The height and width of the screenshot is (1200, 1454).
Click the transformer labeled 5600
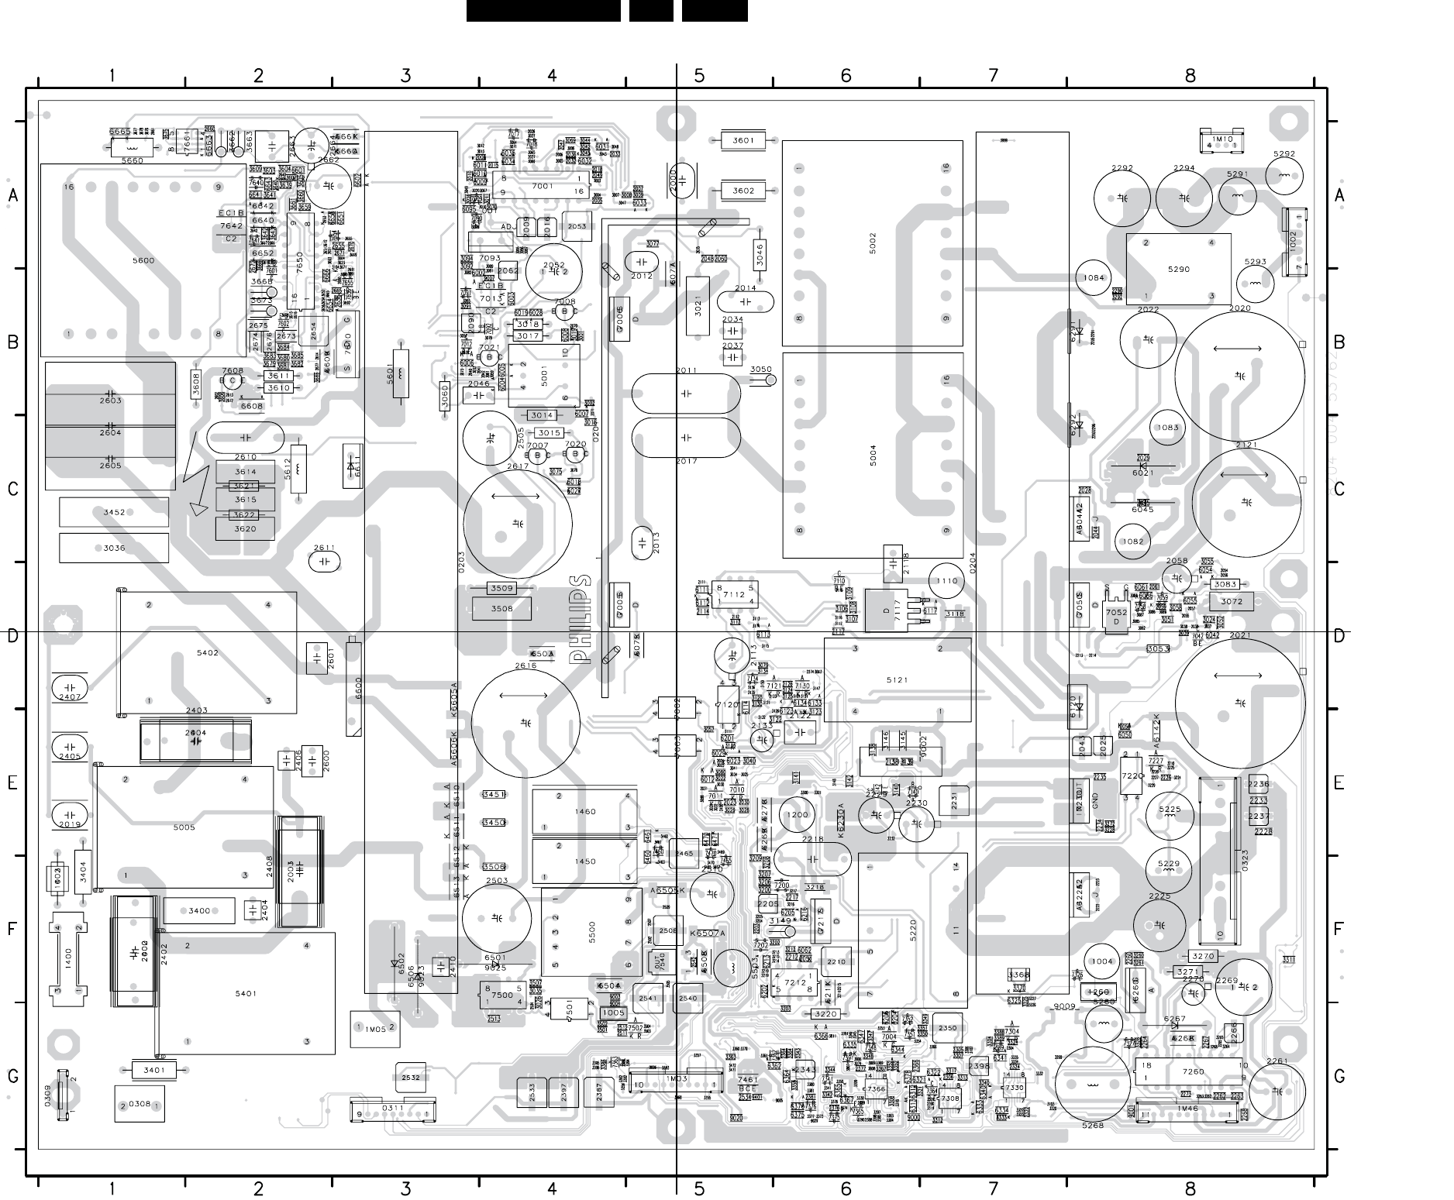click(x=143, y=260)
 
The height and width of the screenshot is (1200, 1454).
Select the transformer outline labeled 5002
click(x=872, y=243)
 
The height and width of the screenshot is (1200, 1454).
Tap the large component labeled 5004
click(x=872, y=456)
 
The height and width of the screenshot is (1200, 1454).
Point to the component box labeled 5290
click(x=1178, y=269)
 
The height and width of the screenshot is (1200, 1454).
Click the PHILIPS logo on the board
click(x=580, y=619)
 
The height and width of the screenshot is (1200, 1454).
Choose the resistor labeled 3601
click(x=743, y=140)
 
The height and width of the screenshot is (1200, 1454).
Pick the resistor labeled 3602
click(x=743, y=191)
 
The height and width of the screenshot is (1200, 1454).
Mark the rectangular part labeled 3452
click(x=114, y=512)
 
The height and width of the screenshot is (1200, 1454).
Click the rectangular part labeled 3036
click(x=114, y=548)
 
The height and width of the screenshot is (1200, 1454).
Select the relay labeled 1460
click(x=585, y=811)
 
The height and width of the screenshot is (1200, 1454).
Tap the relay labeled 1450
click(x=585, y=861)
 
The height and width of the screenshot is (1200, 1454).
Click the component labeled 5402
click(x=207, y=652)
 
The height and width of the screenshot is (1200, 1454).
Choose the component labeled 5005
click(x=184, y=827)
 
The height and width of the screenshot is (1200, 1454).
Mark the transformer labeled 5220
click(x=912, y=930)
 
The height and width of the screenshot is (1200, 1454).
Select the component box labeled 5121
click(x=897, y=679)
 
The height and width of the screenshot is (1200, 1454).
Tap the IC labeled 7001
click(x=542, y=186)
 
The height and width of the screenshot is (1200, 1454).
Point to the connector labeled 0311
click(x=393, y=1109)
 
